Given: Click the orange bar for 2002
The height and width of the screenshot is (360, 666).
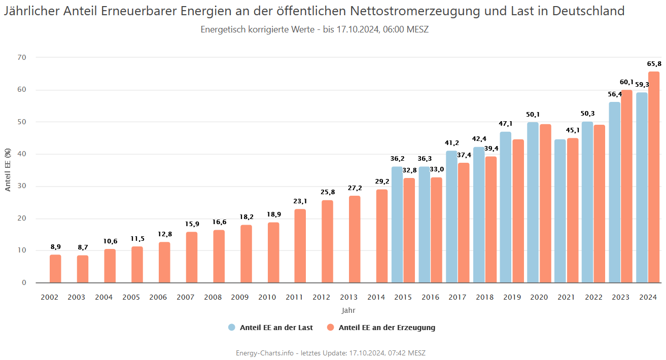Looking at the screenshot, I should (55, 269).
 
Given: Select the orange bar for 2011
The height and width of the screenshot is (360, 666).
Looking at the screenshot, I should (300, 246).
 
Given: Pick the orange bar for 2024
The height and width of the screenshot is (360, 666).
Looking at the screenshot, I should (654, 177).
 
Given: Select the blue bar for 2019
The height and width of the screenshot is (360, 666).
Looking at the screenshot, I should (506, 207).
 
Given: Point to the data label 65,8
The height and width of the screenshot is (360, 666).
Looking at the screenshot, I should (654, 64).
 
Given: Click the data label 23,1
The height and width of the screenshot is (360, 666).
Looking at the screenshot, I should (300, 201).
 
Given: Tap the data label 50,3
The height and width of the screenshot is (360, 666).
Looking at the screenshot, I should (587, 114).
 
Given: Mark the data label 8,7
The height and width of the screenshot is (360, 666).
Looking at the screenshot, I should (83, 247).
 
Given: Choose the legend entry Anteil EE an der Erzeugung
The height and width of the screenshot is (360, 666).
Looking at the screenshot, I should (387, 328).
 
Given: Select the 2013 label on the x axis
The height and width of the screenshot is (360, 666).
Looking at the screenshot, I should (349, 297).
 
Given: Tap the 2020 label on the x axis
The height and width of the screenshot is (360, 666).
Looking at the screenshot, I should (539, 297).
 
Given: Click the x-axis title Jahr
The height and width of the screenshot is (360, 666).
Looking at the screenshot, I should (348, 310).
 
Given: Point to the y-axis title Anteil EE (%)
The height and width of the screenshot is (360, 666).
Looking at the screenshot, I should (8, 170).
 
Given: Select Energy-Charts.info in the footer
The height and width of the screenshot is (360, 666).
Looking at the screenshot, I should (264, 353).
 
